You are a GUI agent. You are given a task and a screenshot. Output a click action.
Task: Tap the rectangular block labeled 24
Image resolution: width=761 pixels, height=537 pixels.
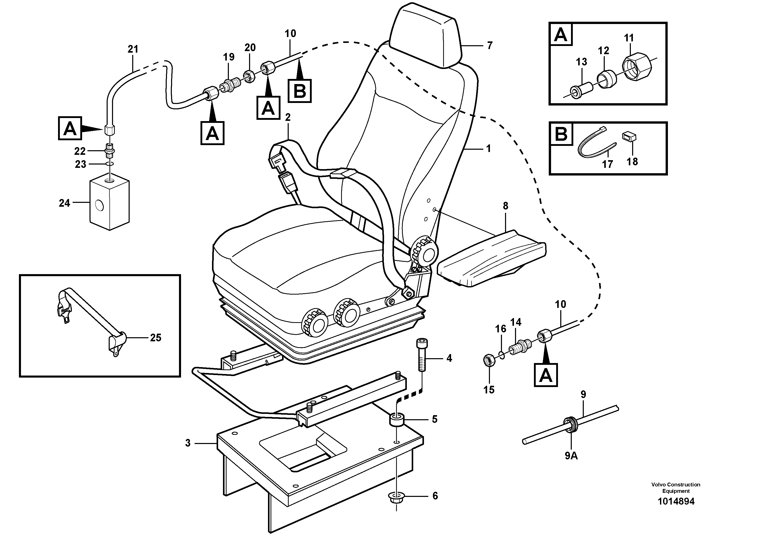[x=109, y=204]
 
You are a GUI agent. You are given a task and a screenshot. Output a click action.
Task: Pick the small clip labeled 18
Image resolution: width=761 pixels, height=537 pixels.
[x=630, y=136]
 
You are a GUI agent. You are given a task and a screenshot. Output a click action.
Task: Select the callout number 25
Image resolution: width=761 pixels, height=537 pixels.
[x=155, y=338]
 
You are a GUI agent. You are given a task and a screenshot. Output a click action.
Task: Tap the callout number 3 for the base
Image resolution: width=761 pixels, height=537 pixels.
[x=188, y=443]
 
